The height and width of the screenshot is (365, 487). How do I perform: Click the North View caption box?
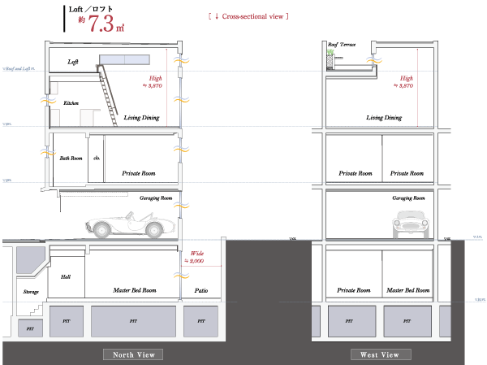pos(133,354)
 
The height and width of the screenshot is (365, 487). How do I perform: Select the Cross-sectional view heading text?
pos(249,15)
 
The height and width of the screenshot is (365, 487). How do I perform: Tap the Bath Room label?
pos(71,158)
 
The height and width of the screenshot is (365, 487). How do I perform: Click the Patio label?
pos(201,289)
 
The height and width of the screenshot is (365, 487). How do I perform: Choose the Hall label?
pos(67,277)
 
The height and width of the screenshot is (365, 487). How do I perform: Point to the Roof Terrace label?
pos(341,46)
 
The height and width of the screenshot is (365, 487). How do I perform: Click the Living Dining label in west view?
pos(383,118)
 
